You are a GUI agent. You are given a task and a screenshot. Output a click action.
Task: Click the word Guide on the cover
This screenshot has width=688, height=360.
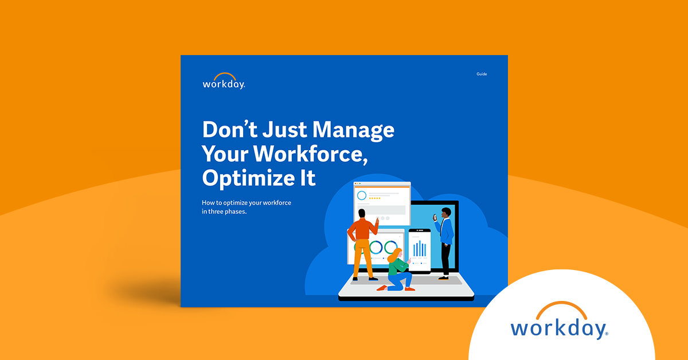tap(482, 74)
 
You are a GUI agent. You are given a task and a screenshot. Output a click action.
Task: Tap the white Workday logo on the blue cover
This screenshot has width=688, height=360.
tap(224, 81)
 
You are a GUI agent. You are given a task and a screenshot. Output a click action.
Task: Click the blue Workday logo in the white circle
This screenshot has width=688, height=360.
tap(560, 320)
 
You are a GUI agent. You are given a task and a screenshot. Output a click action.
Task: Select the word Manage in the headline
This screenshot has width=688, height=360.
tap(353, 130)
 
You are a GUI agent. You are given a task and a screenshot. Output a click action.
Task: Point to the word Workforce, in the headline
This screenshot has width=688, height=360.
tap(310, 154)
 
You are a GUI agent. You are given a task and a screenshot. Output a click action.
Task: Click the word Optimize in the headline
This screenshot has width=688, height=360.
tap(248, 178)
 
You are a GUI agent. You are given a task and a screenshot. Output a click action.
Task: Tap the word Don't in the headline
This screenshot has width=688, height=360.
tap(230, 130)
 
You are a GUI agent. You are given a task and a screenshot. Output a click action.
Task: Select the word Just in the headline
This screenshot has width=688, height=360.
tap(285, 130)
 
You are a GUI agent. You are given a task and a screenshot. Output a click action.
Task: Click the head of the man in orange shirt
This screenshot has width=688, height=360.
tap(362, 213)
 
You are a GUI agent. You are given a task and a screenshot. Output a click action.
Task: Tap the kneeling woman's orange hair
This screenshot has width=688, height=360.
tap(394, 255)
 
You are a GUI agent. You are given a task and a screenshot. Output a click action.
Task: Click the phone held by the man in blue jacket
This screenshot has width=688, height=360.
tap(435, 217)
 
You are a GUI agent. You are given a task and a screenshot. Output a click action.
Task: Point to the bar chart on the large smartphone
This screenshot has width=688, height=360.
tap(419, 248)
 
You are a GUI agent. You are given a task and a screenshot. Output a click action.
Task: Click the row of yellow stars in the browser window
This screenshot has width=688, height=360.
tap(374, 198)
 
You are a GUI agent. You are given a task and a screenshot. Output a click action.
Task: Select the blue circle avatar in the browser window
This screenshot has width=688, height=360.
tap(362, 195)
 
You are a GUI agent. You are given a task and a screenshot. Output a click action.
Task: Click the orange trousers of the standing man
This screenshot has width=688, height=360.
tap(362, 259)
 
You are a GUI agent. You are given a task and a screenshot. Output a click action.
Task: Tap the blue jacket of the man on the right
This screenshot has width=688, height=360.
tap(446, 231)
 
